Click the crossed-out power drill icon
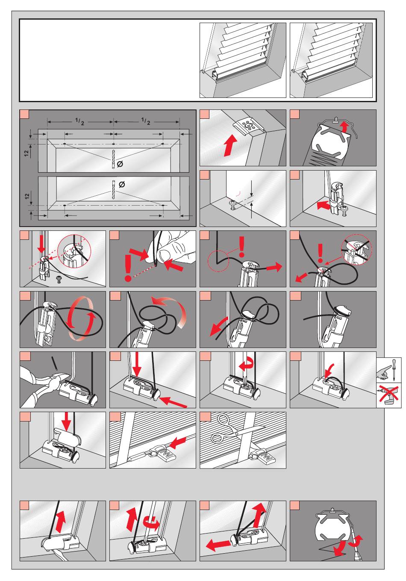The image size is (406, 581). click(389, 395)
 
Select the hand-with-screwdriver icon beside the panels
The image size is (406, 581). click(389, 370)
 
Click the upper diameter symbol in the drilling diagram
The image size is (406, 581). click(120, 165)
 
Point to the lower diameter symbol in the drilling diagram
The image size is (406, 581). click(121, 184)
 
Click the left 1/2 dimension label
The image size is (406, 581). click(80, 122)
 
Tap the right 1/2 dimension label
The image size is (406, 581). click(146, 122)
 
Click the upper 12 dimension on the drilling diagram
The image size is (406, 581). click(26, 153)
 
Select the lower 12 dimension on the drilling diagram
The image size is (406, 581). click(26, 197)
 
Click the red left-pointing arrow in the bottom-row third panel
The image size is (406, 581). click(217, 544)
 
